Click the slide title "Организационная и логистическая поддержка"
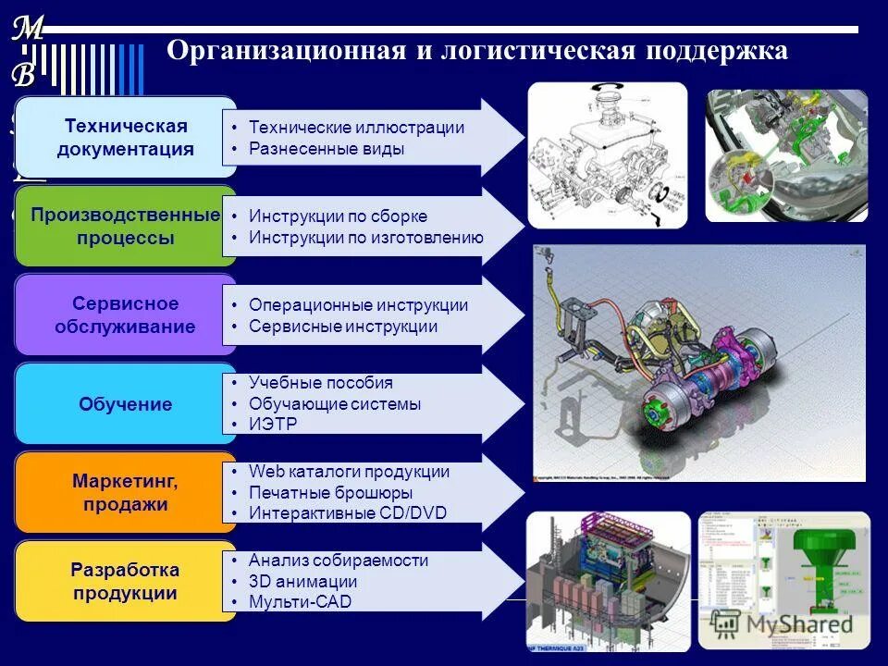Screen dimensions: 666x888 click(476, 51)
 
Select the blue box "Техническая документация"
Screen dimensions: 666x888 click(126, 137)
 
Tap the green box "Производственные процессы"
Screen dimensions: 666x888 click(126, 226)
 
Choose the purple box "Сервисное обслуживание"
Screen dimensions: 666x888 click(126, 314)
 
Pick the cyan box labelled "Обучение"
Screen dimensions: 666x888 click(126, 404)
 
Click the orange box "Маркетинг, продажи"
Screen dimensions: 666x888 click(126, 493)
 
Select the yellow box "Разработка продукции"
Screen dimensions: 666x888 click(126, 581)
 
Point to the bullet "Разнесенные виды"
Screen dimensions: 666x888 click(327, 149)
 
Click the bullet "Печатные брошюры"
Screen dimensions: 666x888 click(330, 492)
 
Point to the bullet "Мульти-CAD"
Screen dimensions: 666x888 click(300, 602)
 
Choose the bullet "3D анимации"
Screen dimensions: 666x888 click(302, 582)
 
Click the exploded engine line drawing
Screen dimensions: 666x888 click(607, 155)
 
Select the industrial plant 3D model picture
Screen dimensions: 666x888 click(608, 579)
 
